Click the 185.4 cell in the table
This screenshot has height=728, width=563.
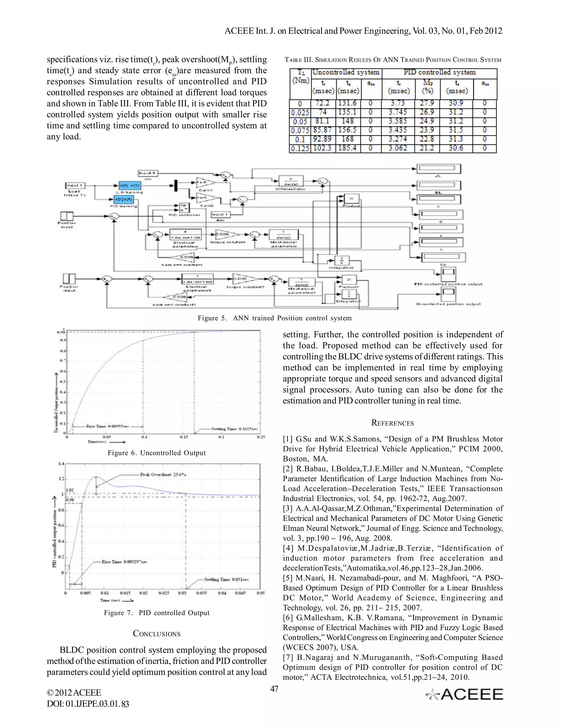tap(347, 148)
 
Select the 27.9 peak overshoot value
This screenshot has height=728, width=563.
tap(427, 103)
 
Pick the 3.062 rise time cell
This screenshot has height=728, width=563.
tap(398, 148)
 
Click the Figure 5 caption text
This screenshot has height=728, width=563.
tap(275, 318)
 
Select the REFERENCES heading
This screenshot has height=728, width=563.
tap(393, 423)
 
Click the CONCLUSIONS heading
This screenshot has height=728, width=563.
tap(156, 634)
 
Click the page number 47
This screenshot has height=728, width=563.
tap(274, 689)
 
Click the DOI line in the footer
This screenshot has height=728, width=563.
tap(88, 704)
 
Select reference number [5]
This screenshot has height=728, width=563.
tap(288, 578)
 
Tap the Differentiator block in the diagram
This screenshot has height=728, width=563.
tap(288, 181)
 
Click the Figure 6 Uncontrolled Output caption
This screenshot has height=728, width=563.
tap(156, 453)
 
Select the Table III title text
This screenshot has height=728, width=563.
tap(393, 60)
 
